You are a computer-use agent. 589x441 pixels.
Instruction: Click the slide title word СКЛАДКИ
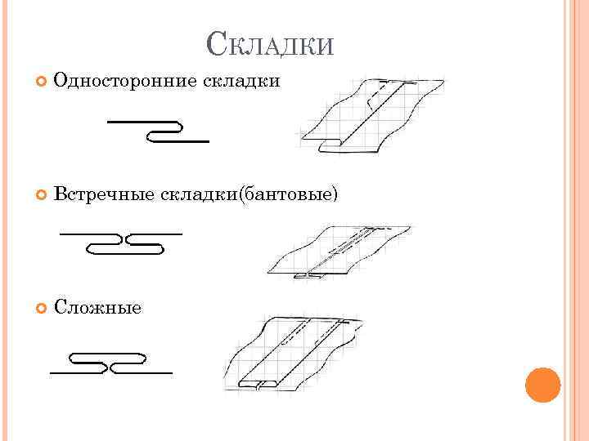pos(270,43)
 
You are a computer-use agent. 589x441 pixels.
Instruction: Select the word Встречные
pos(104,194)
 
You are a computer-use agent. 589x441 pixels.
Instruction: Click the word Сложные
pos(97,307)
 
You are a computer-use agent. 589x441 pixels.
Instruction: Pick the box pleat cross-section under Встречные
pos(121,243)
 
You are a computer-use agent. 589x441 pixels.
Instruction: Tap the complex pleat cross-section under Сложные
pos(110,363)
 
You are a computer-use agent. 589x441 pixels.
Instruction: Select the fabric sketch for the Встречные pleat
pos(339,249)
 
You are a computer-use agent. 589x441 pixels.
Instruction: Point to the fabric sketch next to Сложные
pos(294,353)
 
